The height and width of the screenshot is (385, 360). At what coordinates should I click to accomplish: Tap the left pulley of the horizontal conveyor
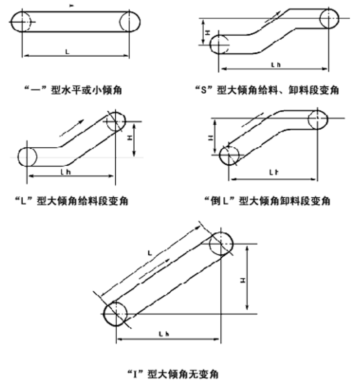(21, 21)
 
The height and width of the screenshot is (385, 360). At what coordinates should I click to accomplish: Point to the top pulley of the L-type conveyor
(115, 122)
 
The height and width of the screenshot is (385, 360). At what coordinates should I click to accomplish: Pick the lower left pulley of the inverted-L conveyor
(230, 155)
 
